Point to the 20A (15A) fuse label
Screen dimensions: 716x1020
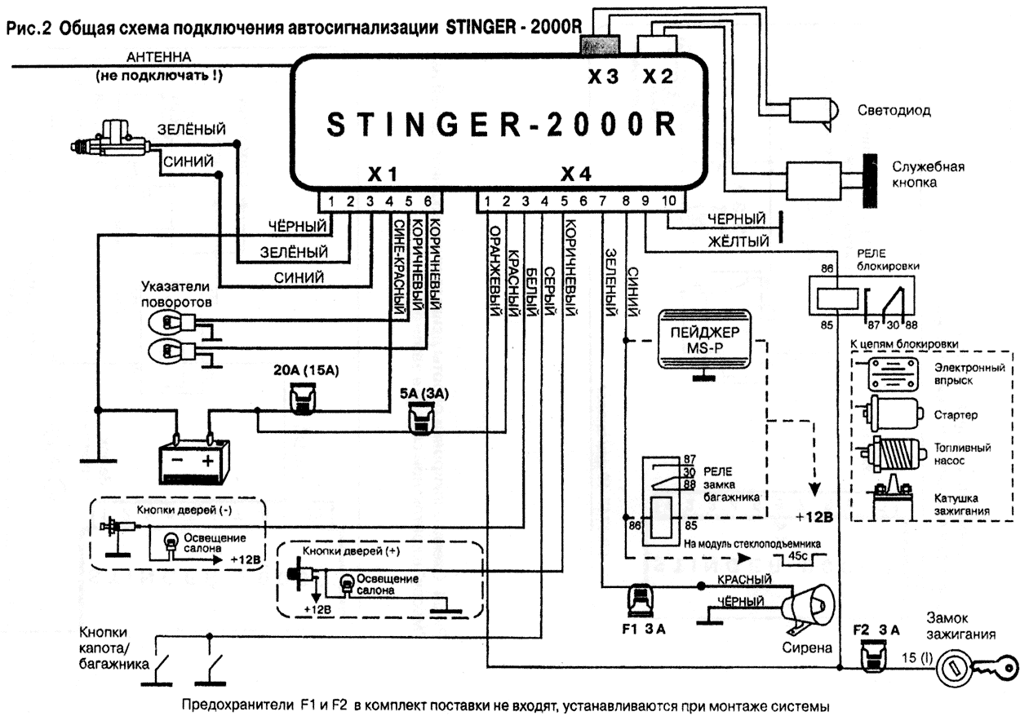pyautogui.click(x=306, y=371)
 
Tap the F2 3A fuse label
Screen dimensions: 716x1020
pyautogui.click(x=875, y=630)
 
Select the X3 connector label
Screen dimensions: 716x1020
pyautogui.click(x=604, y=76)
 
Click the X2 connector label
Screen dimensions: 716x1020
pyautogui.click(x=657, y=76)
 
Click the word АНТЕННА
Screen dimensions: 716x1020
pyautogui.click(x=158, y=57)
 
